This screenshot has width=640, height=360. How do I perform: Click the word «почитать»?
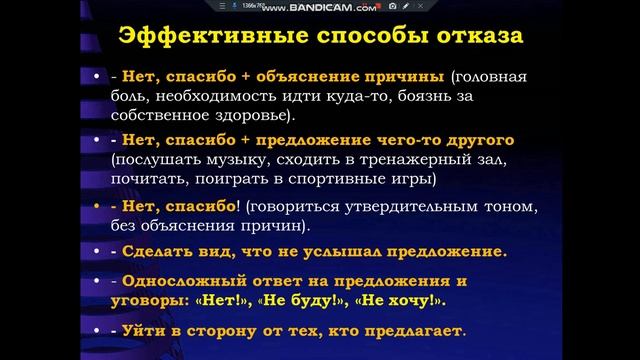(147, 180)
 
